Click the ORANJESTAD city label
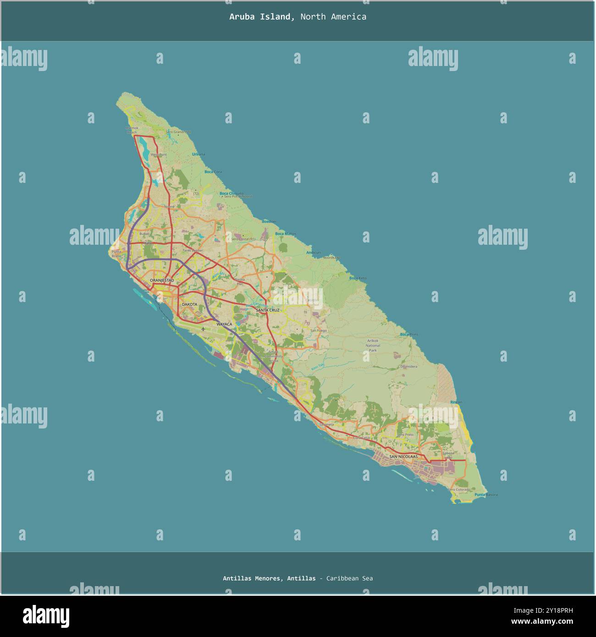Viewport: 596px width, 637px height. tap(162, 280)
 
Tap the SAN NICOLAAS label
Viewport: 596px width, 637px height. tap(403, 456)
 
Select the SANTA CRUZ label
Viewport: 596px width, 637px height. tap(268, 310)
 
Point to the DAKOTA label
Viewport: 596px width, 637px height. tap(189, 304)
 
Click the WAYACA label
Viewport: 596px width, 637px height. tap(224, 324)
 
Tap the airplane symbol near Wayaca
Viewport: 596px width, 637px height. tap(203, 329)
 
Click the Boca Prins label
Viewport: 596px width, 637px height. tap(409, 335)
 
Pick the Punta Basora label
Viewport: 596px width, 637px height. tap(486, 495)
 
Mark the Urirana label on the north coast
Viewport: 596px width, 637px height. tap(199, 154)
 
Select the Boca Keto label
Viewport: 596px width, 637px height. tap(358, 278)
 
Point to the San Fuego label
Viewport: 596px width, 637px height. tap(318, 330)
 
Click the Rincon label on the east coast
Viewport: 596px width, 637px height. tap(456, 402)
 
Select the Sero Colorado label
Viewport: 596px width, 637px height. tap(459, 489)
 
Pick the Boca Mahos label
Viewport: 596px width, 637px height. tap(286, 234)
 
